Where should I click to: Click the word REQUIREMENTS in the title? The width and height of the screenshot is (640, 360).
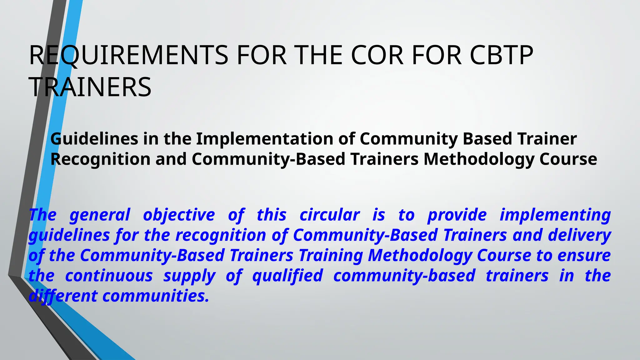pos(128,55)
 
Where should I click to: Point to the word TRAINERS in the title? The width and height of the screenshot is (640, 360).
pos(90,87)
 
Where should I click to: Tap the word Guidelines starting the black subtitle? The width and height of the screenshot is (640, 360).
pos(94,139)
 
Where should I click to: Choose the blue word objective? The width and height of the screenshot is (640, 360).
pos(179,215)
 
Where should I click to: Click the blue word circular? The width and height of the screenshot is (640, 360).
pos(329,215)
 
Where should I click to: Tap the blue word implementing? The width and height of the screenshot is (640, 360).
pos(555,215)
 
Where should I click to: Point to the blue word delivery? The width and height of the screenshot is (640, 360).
pos(579,235)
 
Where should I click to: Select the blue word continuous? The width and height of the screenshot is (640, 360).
pos(109,276)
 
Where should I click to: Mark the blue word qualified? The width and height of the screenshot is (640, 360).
pos(287,276)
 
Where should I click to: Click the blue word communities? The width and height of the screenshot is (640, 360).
pos(156,296)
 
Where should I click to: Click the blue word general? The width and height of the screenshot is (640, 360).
pos(100,215)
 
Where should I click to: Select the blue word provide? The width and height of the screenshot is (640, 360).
pos(457,215)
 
